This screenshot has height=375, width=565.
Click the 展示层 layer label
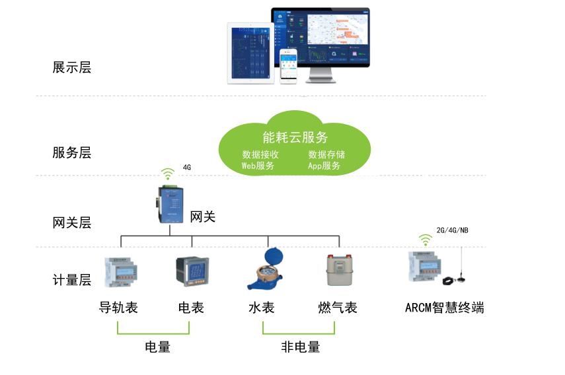pyautogui.click(x=71, y=67)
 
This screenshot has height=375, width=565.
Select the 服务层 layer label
pyautogui.click(x=71, y=153)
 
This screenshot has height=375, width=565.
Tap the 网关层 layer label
pyautogui.click(x=71, y=222)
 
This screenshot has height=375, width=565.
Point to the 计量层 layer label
pyautogui.click(x=71, y=280)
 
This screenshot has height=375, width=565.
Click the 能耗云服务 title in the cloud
pyautogui.click(x=295, y=137)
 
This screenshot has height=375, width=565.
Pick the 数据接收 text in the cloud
pyautogui.click(x=260, y=154)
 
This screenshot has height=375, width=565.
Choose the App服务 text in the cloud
pyautogui.click(x=324, y=166)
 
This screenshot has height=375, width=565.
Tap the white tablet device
pyautogui.click(x=250, y=53)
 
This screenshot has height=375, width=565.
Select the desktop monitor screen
pyautogui.click(x=320, y=37)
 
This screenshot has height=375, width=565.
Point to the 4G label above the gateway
pyautogui.click(x=187, y=168)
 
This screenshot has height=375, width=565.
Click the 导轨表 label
pyautogui.click(x=118, y=307)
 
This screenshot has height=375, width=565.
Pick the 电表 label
pyautogui.click(x=191, y=307)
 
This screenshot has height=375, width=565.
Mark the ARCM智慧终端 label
pyautogui.click(x=444, y=307)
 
